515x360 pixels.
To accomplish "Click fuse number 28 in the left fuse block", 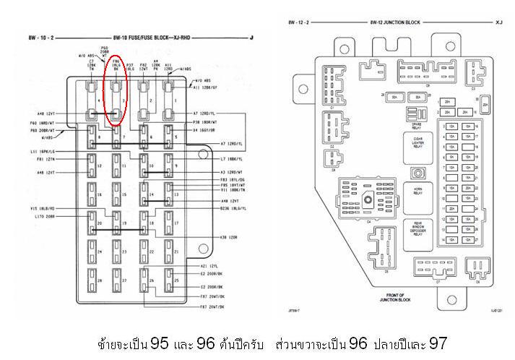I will tap(92, 278).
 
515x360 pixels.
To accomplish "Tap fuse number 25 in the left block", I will tap(173, 278).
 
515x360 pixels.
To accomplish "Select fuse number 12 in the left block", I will tap(92, 165).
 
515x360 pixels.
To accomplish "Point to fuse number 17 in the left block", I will tap(173, 222).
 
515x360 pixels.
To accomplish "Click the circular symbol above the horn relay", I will tap(417, 173).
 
